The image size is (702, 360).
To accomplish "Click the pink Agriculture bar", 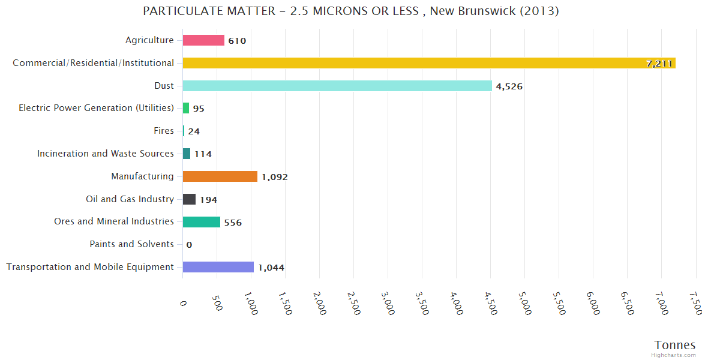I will pos(203,40).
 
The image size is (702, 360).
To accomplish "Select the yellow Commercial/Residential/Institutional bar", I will pos(429,63).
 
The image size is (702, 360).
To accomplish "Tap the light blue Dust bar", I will pos(337,86).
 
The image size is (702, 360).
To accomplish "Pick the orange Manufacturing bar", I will pos(220,176).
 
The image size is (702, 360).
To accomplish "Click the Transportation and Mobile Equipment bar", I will pos(218,267).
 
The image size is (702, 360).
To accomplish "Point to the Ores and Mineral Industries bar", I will pos(202,222).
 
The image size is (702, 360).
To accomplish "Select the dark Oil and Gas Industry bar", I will pos(190,199).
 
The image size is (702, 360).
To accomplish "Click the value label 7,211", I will pos(659,64).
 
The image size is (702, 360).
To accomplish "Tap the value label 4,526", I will pos(509,86).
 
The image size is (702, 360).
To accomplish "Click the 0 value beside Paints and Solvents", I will pos(189,245).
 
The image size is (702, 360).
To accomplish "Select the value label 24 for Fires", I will pos(194,131).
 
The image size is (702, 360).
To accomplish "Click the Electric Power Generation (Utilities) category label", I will pos(96,108).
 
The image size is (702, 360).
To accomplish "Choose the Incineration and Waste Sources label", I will pos(105,154).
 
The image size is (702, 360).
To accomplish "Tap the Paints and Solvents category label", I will pos(131,244).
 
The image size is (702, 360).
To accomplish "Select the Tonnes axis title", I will pos(674,345).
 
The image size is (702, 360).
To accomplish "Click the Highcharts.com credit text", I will pos(674,355).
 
